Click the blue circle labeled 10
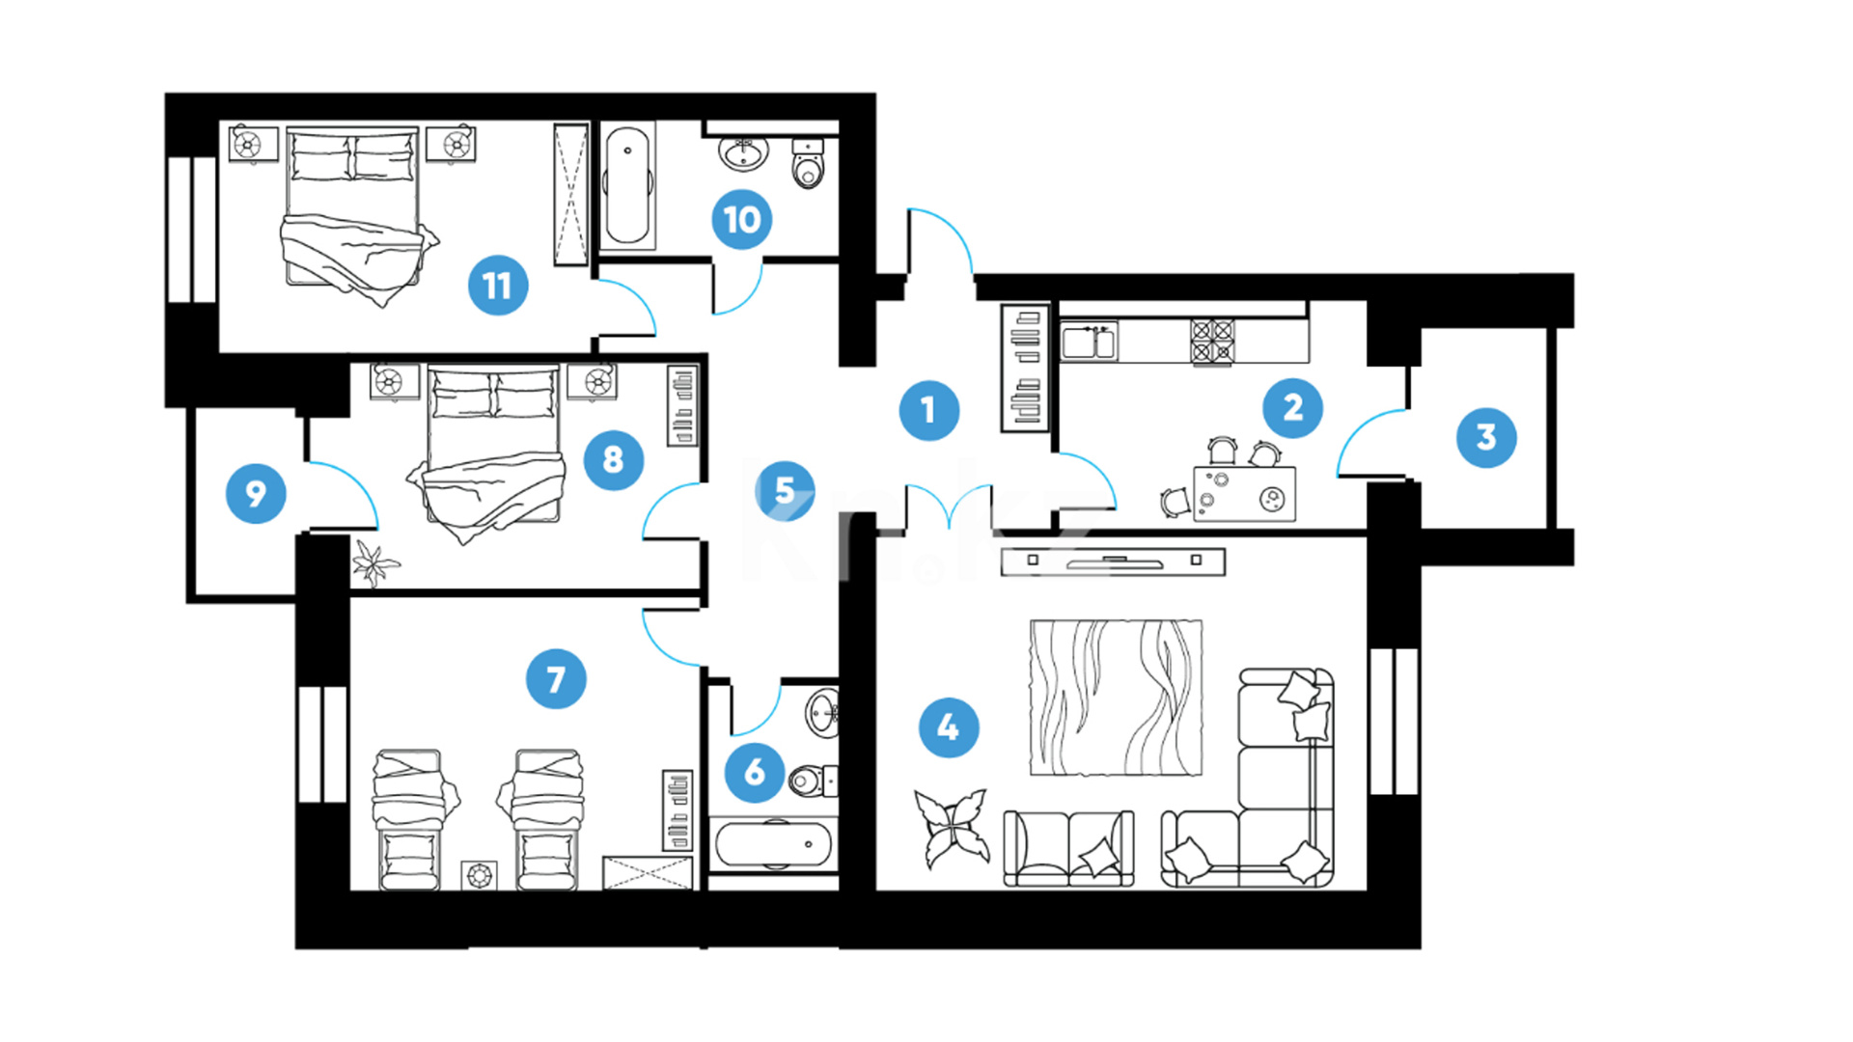741,220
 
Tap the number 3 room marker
1485,438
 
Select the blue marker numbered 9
256,494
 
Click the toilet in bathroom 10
808,164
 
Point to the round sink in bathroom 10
743,152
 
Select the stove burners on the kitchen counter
1212,342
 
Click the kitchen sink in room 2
1089,342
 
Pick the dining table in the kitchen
1244,494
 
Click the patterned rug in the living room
1116,698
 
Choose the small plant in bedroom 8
374,563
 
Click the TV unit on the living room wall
1113,562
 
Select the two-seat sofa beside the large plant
1068,847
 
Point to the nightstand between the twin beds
479,875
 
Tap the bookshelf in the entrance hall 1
1025,369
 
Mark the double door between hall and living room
950,507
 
